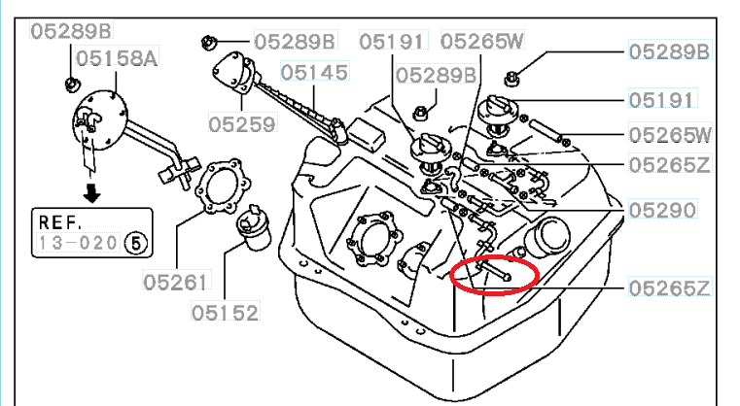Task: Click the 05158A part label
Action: click(x=117, y=58)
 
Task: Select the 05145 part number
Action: click(x=314, y=73)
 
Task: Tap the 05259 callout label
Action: click(x=242, y=124)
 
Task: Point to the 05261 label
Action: click(x=177, y=283)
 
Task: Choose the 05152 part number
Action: click(x=226, y=313)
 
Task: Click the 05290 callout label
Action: click(x=662, y=211)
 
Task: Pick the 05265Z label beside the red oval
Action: click(x=669, y=288)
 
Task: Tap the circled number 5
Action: click(x=136, y=244)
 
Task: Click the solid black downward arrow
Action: click(x=91, y=192)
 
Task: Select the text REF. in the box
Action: click(x=60, y=222)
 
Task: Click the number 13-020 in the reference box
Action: click(x=78, y=244)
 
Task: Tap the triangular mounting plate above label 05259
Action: click(x=235, y=74)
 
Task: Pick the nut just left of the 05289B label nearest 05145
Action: click(x=208, y=44)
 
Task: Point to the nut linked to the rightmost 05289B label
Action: click(x=511, y=79)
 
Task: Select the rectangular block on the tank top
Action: click(x=367, y=134)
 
